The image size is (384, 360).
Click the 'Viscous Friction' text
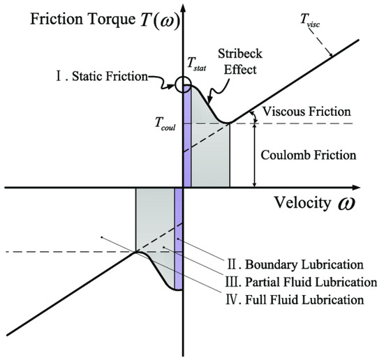[x=302, y=112]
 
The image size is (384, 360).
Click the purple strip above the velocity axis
[x=186, y=140]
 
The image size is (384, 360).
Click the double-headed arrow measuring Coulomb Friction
[x=255, y=155]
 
